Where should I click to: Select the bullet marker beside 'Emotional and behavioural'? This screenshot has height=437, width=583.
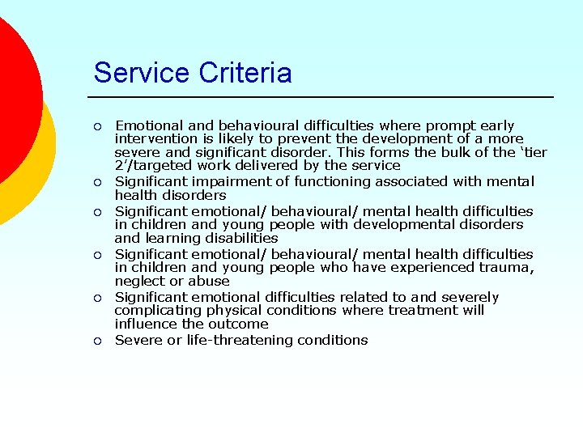tap(97, 126)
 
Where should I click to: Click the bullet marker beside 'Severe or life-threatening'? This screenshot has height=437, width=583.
tap(97, 341)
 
